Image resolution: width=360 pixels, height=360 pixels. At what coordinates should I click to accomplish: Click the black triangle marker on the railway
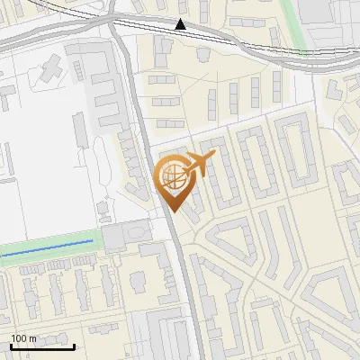click(180, 24)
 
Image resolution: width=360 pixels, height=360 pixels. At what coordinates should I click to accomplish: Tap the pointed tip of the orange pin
click(173, 211)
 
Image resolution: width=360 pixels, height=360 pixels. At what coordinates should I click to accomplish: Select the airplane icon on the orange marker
click(200, 164)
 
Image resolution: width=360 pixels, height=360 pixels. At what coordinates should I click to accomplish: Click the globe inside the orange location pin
click(172, 175)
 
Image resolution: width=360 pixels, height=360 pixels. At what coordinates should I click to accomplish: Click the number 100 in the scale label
click(19, 338)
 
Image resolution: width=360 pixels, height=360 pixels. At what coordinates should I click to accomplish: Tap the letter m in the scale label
click(32, 338)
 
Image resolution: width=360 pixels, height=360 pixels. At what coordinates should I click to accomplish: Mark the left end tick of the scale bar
click(12, 346)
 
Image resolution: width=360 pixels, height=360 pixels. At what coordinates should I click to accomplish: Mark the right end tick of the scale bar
click(74, 346)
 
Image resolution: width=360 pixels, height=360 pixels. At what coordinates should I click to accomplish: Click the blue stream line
click(45, 248)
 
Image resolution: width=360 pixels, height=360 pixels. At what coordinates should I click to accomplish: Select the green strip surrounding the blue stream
click(45, 256)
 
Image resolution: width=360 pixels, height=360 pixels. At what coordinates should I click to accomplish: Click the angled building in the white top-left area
click(51, 65)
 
